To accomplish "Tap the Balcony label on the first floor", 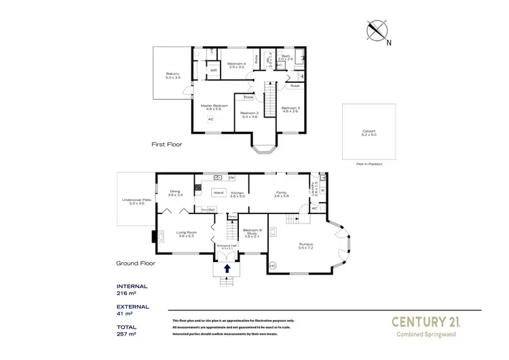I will point(173,76).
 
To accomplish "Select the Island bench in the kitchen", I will point(219,193).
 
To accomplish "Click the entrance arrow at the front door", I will point(227,269).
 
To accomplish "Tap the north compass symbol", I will point(377,31).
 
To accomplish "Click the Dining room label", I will point(175,193).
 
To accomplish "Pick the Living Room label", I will point(187,234).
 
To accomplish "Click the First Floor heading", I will point(167,145).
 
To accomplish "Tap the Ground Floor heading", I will point(136,263).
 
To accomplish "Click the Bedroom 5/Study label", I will point(252,234).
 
